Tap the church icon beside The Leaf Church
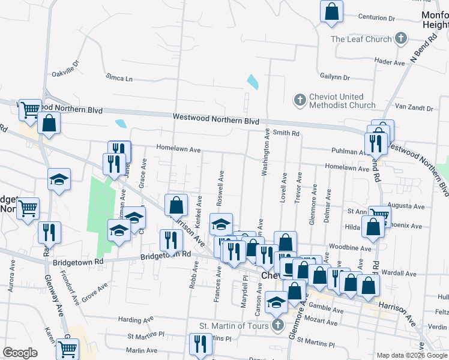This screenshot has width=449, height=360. point(402,40)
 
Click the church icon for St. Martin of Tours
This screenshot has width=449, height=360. point(277,326)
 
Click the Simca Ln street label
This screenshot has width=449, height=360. point(119,77)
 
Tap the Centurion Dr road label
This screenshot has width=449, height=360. point(376,18)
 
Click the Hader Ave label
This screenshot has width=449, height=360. point(390,62)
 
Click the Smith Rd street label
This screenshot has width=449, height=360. point(286,133)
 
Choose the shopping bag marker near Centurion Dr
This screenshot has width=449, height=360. point(331,11)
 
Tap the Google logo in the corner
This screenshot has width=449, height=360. point(20,353)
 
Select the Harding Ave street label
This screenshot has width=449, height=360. point(137,320)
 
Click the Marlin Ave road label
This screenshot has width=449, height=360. point(142,350)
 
